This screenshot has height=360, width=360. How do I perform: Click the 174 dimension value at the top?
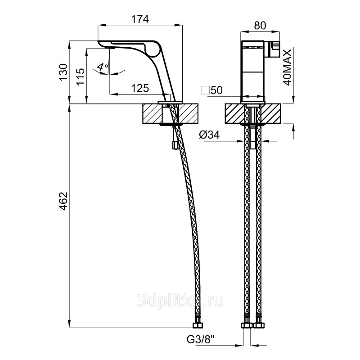coord(140,19)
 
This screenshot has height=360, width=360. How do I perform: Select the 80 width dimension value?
coord(260,26)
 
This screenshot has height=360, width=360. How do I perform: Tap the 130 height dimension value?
coord(63,72)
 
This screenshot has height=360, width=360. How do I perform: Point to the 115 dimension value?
coord(81,76)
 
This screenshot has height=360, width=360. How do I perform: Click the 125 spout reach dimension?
coord(140,88)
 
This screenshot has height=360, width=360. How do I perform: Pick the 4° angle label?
coord(103,67)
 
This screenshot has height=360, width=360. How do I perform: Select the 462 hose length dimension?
coord(63,201)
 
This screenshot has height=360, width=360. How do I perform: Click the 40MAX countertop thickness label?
coord(288,67)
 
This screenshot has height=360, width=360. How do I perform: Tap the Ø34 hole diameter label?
coord(209,135)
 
